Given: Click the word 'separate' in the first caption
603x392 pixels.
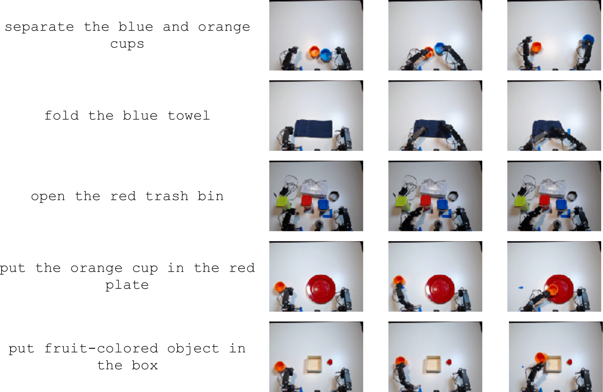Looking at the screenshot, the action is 39,27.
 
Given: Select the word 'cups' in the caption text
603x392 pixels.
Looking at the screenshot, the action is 127,44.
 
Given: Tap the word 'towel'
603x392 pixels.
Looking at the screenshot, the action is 188,116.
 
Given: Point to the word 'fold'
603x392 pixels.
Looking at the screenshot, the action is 62,116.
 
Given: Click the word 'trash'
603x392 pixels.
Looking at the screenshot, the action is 167,196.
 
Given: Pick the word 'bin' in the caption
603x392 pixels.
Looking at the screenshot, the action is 210,196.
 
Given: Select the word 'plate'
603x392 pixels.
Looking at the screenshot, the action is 127,285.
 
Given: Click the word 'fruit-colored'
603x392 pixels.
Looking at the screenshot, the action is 101,349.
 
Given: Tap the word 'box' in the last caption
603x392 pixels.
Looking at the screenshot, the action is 144,365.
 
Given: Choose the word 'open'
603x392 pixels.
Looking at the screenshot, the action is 48,197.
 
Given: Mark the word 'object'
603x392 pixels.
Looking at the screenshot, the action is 193,349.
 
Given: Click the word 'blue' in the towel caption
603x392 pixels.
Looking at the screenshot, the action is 140,116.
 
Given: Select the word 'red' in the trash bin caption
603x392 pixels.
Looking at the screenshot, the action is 123,196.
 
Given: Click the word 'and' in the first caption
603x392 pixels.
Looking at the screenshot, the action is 175,27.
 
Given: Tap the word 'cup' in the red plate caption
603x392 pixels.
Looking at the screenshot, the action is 145,269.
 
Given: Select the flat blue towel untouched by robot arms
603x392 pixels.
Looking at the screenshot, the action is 313,129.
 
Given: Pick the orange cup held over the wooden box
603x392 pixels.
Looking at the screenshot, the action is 541,358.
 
